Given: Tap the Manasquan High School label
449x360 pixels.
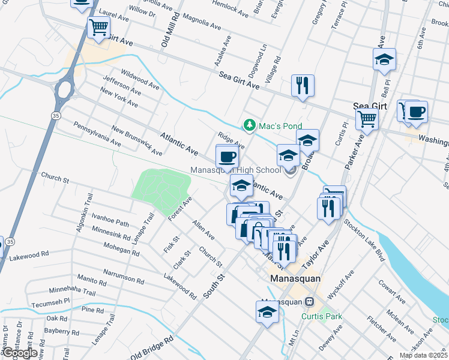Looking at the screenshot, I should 235,170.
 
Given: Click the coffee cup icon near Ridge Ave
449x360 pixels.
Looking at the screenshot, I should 228,157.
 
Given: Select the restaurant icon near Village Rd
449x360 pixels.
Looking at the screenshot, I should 303,86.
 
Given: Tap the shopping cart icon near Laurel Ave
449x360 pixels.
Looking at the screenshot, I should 98,28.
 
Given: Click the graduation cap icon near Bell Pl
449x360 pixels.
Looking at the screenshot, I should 384,59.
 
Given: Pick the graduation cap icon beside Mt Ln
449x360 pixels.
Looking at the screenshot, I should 267,312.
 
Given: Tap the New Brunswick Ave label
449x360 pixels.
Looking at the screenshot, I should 136,141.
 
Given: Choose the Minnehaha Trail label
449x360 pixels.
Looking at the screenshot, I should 73,292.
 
